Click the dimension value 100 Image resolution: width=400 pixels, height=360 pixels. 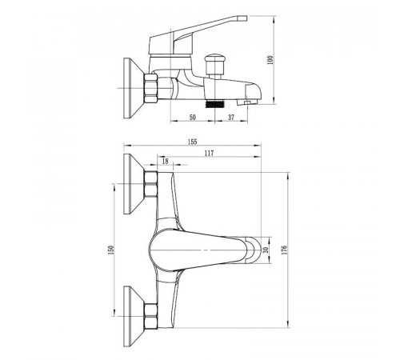[270, 60]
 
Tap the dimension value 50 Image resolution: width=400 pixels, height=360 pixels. [193, 117]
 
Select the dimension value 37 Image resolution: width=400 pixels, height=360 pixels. [231, 117]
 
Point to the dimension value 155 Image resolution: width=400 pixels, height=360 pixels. [192, 142]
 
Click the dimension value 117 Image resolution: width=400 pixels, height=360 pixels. [209, 154]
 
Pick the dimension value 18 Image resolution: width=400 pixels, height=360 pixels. [166, 162]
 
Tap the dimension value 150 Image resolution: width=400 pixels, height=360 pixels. [111, 250]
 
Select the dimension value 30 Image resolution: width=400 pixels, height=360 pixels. [266, 250]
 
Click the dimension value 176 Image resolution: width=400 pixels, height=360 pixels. [284, 250]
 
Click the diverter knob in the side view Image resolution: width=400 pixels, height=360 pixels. [214, 64]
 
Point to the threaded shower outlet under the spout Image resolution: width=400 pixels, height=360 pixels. [215, 104]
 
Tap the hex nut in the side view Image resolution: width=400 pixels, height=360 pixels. [150, 88]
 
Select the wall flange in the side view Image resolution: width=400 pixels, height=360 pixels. [134, 88]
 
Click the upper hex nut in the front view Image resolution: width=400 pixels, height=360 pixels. [150, 184]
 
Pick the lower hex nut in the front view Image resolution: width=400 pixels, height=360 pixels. [150, 316]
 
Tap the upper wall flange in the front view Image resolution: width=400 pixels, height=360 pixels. [134, 184]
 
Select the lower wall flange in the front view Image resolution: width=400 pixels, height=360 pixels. [134, 316]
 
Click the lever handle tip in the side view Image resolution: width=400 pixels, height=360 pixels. [242, 18]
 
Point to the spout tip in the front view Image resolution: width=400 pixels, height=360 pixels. [253, 250]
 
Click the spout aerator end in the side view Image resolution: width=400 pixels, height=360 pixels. [248, 102]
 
